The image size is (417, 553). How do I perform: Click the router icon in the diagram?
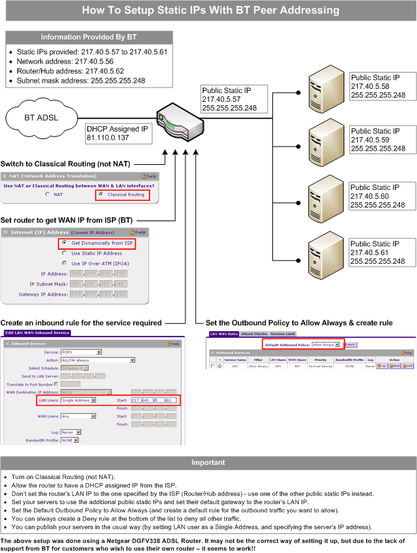click(x=177, y=121)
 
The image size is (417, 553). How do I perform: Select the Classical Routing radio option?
click(x=101, y=194)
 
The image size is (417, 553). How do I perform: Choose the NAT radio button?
click(x=48, y=194)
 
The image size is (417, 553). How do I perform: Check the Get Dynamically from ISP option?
click(x=65, y=243)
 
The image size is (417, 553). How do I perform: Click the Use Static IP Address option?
click(x=65, y=252)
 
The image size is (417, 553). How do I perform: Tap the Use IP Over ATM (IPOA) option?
click(x=65, y=263)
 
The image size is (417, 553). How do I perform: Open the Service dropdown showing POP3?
click(x=81, y=351)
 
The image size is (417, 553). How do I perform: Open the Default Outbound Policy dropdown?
click(x=325, y=344)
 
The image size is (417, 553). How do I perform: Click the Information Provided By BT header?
click(x=88, y=37)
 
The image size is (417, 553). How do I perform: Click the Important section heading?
click(x=208, y=462)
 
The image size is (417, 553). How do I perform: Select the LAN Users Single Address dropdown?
click(x=79, y=400)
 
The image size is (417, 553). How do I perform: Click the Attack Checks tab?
click(x=253, y=334)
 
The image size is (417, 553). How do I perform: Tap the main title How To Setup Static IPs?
click(x=208, y=10)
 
